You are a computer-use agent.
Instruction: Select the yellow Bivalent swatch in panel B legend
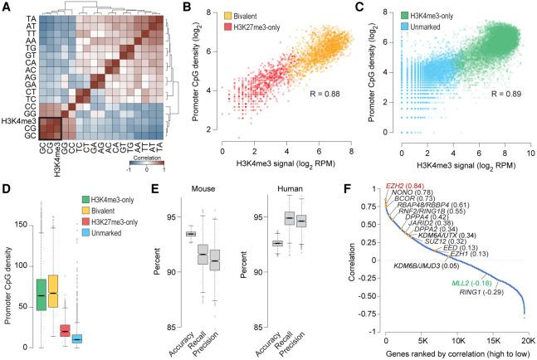coord(228,14)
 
